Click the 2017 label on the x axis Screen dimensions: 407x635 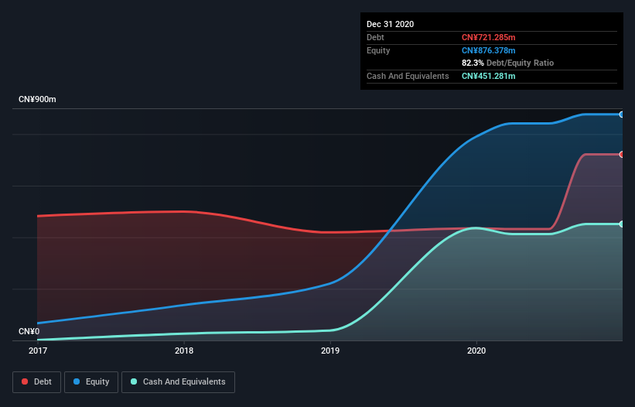[x=37, y=351]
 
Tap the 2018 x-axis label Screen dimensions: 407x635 [x=184, y=351]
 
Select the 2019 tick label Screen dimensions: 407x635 [x=330, y=351]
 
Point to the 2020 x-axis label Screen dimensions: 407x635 [x=476, y=351]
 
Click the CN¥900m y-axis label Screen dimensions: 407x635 [x=37, y=100]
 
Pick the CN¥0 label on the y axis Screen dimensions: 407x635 [x=29, y=332]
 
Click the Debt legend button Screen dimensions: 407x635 [x=36, y=381]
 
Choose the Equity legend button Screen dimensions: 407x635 [x=91, y=381]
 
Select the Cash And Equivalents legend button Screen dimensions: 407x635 [x=178, y=381]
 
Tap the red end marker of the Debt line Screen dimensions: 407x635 [x=621, y=155]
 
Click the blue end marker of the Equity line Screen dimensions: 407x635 [x=621, y=115]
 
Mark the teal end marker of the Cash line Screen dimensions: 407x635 [x=621, y=224]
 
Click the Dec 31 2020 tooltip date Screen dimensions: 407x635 [x=391, y=24]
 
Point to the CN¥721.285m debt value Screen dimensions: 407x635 [x=488, y=37]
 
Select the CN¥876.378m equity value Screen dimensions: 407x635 [x=488, y=50]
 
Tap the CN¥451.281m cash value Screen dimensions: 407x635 [x=488, y=76]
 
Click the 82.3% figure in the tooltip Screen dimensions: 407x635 [x=473, y=63]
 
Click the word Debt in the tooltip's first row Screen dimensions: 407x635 [x=375, y=37]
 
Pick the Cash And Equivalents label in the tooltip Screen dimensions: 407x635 [x=408, y=76]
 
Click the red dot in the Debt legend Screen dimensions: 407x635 [x=26, y=381]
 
